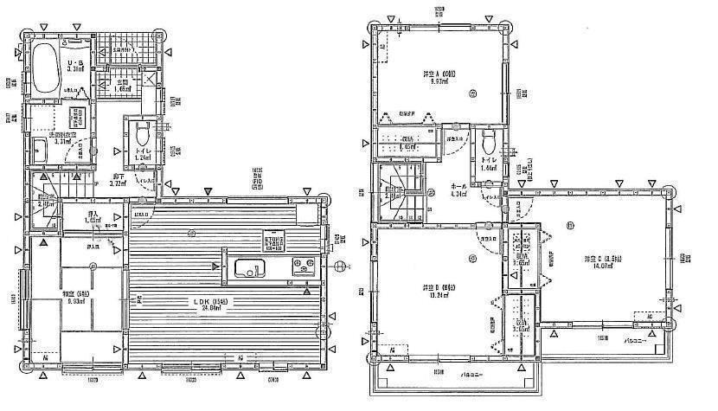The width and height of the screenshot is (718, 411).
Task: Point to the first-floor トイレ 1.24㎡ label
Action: pyautogui.click(x=143, y=154)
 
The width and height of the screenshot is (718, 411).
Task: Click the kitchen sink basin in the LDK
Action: pyautogui.click(x=247, y=268)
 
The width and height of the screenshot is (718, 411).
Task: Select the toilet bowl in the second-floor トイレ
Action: pyautogui.click(x=488, y=141)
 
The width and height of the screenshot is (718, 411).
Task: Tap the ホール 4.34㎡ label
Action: pyautogui.click(x=460, y=191)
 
